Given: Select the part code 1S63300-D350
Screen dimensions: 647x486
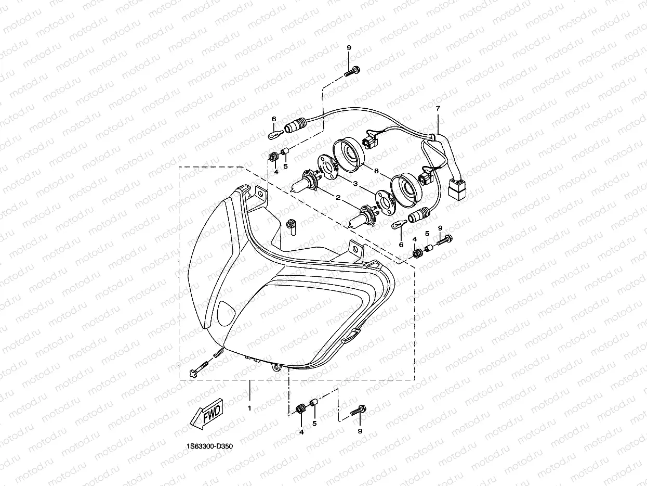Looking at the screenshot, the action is (209, 446).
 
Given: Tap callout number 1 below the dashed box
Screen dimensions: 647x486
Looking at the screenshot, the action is (249, 408).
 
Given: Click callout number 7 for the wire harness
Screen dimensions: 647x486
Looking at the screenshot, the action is (438, 109).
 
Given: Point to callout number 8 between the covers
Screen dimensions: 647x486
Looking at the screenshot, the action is (376, 171).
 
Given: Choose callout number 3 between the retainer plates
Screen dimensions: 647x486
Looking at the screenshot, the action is (355, 184).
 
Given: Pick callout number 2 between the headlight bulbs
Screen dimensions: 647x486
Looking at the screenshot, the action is (338, 197).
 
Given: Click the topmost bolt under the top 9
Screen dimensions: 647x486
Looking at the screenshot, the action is (352, 71).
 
